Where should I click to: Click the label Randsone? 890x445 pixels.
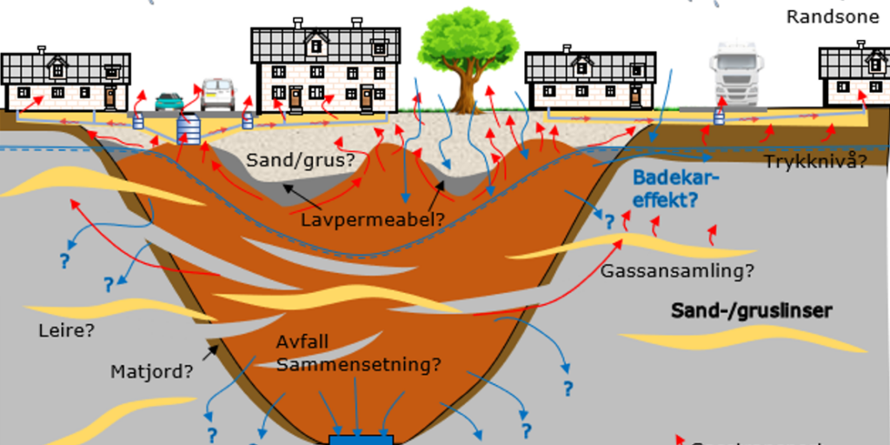833,17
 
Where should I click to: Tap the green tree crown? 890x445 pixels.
468,40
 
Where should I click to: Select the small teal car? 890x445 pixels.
169,102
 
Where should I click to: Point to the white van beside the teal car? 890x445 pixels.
217,94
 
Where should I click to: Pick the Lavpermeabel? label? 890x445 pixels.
373,220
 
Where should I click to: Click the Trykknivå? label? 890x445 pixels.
816,161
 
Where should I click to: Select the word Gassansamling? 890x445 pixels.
677,270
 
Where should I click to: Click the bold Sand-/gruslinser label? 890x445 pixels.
752,310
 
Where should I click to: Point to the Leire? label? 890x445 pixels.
66,331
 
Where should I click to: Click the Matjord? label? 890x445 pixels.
151,372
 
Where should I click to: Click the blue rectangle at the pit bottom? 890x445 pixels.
361,439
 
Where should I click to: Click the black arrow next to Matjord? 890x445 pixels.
209,350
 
